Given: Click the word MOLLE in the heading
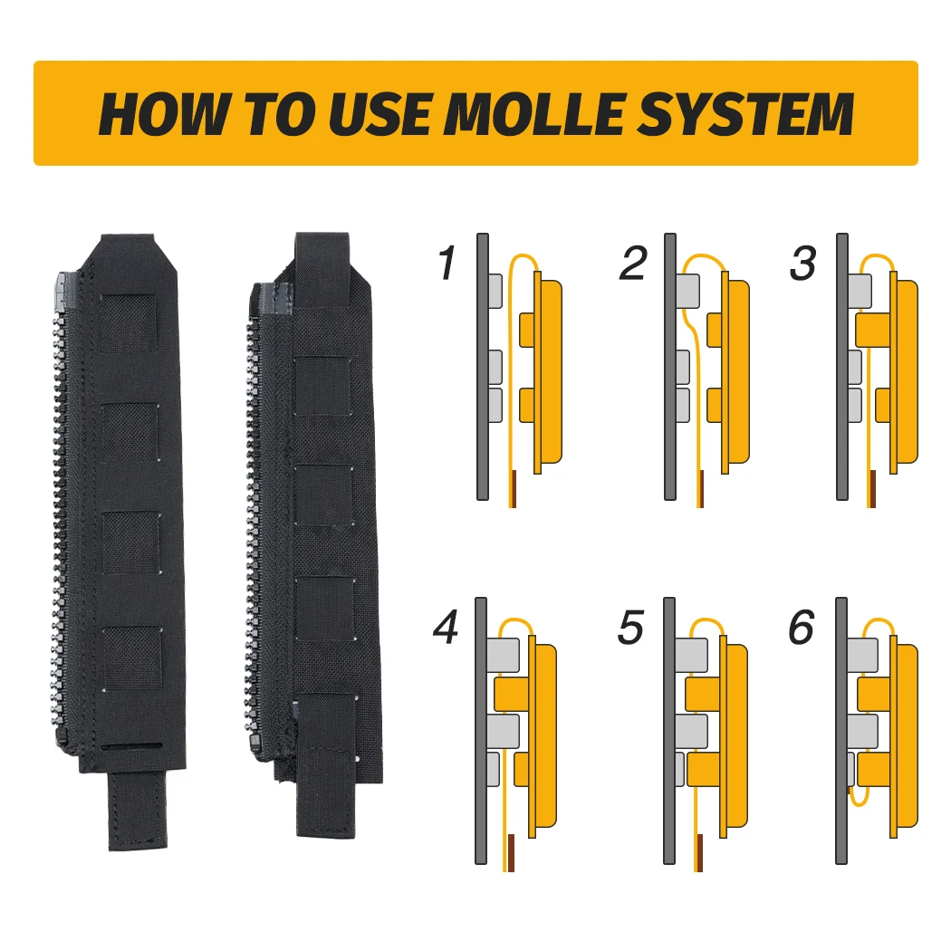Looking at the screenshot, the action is pyautogui.click(x=535, y=113).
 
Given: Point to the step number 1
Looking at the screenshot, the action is pyautogui.click(x=447, y=263).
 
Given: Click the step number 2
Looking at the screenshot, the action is pyautogui.click(x=633, y=263).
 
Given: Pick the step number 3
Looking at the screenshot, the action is pyautogui.click(x=803, y=263).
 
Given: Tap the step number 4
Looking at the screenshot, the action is pyautogui.click(x=447, y=627).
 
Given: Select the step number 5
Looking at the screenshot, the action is pyautogui.click(x=630, y=627).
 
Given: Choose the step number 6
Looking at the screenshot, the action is pyautogui.click(x=802, y=627).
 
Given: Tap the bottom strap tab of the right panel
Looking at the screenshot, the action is pyautogui.click(x=326, y=789).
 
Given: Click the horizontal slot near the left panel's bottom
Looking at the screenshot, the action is pyautogui.click(x=131, y=746).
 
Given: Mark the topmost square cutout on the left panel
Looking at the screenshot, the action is pyautogui.click(x=129, y=322).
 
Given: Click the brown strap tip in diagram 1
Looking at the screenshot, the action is pyautogui.click(x=513, y=489).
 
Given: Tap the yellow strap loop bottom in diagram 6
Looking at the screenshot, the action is pyautogui.click(x=860, y=801).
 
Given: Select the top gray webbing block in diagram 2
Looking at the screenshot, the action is pyautogui.click(x=687, y=290).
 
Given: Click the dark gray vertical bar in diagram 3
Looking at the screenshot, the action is pyautogui.click(x=841, y=366).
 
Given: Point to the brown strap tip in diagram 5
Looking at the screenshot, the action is pyautogui.click(x=699, y=853).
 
